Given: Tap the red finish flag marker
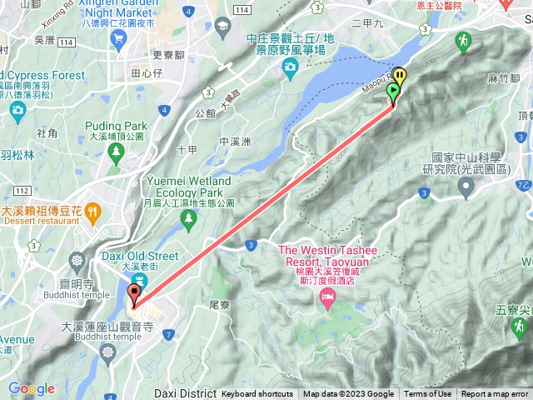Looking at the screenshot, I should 134,294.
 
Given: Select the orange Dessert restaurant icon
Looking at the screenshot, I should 92,212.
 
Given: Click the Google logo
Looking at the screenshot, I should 32,388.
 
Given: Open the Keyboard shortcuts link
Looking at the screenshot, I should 257,394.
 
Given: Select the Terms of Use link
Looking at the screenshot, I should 428,394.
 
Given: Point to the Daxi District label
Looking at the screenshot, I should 184,392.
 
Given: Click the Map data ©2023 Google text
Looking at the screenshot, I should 348,394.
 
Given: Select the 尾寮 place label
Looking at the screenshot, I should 219,306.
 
